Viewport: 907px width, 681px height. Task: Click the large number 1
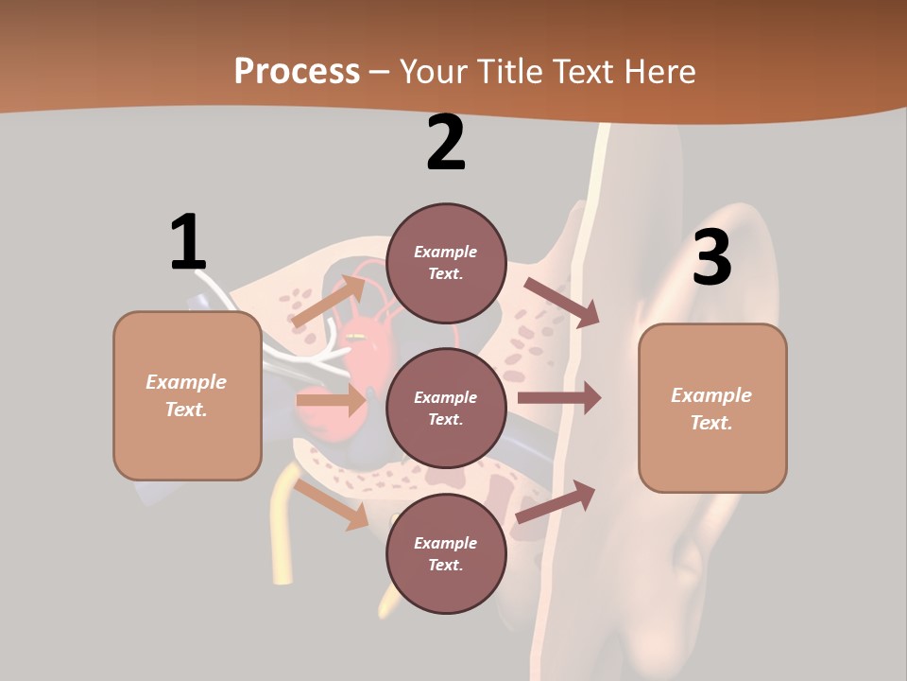[188, 242]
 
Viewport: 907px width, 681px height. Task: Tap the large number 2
[446, 143]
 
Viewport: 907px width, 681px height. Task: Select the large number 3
[712, 257]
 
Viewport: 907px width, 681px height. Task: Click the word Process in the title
[297, 71]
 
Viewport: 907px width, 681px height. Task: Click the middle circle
[446, 408]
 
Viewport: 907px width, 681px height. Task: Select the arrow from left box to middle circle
[331, 400]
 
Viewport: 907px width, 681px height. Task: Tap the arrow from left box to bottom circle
[332, 504]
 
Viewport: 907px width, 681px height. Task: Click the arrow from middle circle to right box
[559, 398]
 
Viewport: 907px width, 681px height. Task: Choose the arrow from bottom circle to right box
[556, 502]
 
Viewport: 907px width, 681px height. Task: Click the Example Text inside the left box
[186, 395]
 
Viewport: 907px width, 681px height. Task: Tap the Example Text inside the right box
[711, 409]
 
